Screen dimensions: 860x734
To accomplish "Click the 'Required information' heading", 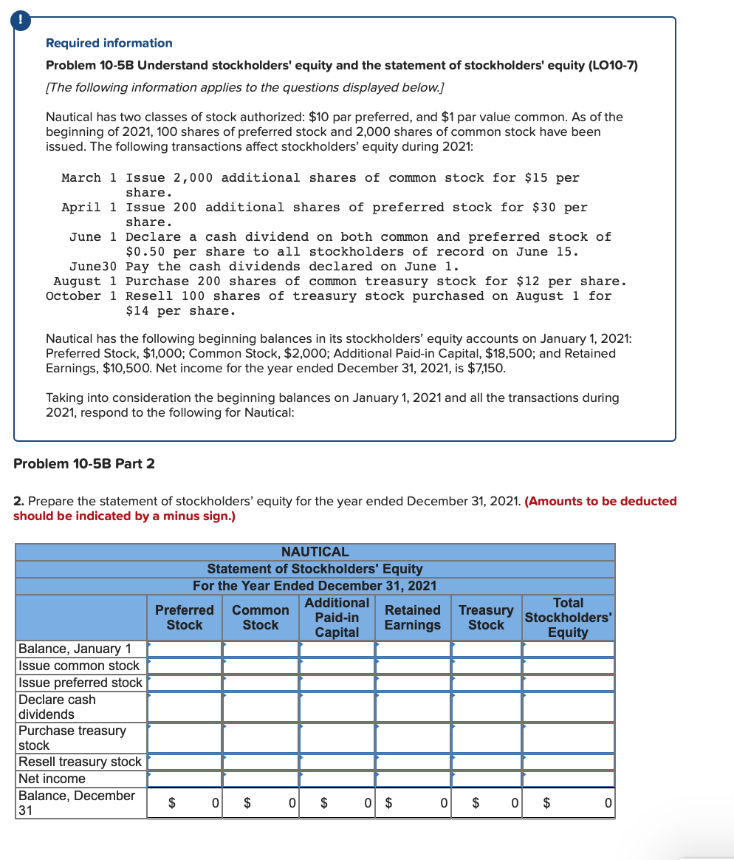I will pos(109,43).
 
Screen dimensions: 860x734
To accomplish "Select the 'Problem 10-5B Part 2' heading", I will pos(84,463).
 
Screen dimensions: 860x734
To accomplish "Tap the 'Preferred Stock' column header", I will pos(184,618).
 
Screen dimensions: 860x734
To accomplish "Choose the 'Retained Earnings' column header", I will pos(412,618).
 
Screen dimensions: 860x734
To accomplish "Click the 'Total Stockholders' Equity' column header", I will pos(568,618).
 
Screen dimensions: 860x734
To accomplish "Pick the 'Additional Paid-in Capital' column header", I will pos(337,618).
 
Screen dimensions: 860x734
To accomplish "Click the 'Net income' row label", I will pos(52,779).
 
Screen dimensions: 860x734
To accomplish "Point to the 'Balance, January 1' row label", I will pos(75,649).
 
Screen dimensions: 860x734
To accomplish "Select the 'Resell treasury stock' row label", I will pos(80,762).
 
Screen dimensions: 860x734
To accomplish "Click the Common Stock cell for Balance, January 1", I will pos(261,649).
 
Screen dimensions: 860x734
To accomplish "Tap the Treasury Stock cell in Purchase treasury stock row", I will pos(486,737).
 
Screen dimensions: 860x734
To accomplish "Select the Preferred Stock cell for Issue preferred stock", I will pos(185,683).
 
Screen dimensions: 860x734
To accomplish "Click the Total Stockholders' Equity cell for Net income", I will pos(568,779).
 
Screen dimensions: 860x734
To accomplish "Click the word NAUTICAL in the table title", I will pos(315,552).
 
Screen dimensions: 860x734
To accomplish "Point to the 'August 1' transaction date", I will pos(85,281).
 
